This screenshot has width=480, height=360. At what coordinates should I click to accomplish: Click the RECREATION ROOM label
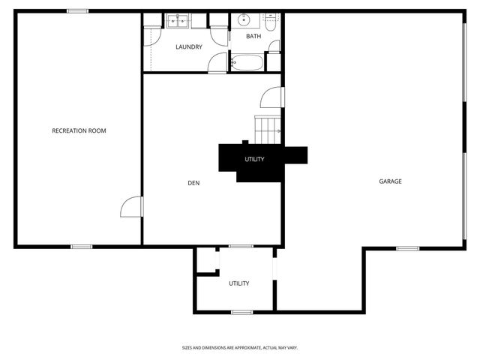[79, 130]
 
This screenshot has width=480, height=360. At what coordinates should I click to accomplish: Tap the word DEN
[193, 182]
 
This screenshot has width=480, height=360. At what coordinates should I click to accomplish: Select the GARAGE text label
[390, 181]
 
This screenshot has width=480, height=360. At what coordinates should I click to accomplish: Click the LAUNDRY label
[189, 47]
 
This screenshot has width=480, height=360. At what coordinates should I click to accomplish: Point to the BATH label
[253, 36]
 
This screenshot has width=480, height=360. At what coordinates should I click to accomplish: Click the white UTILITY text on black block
[254, 159]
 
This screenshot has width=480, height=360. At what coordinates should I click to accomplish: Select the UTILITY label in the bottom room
[239, 283]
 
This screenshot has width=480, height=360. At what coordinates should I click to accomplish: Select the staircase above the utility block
[268, 130]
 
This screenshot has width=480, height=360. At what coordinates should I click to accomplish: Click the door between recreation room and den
[130, 207]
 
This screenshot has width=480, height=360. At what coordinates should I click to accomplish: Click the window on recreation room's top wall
[77, 10]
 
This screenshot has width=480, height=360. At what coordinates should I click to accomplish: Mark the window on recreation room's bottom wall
[81, 246]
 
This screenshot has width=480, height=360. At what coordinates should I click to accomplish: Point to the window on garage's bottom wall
[407, 247]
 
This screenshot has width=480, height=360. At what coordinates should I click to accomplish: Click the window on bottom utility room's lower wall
[241, 311]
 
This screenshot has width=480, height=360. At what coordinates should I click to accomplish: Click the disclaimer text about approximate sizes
[240, 347]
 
